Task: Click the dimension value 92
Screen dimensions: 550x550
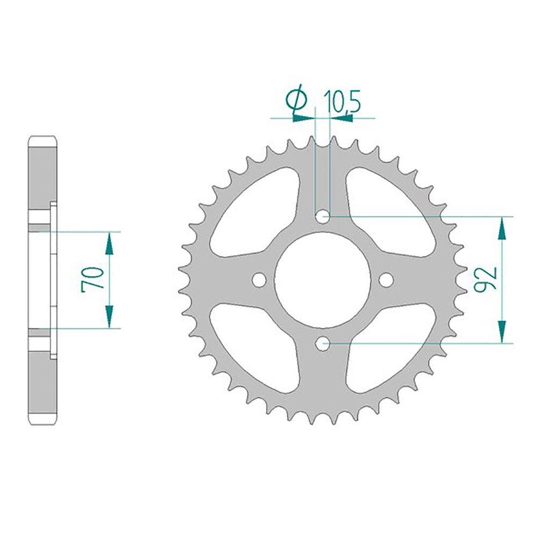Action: pyautogui.click(x=486, y=279)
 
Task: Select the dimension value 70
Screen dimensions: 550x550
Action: pyautogui.click(x=92, y=279)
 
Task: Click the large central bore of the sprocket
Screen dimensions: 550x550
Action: pyautogui.click(x=323, y=279)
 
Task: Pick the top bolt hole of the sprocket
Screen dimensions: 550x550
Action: pyautogui.click(x=323, y=216)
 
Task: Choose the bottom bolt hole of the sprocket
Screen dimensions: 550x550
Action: pyautogui.click(x=323, y=343)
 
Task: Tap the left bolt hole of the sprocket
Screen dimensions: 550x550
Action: pyautogui.click(x=259, y=279)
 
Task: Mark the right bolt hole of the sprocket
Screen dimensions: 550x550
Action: pyautogui.click(x=386, y=279)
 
